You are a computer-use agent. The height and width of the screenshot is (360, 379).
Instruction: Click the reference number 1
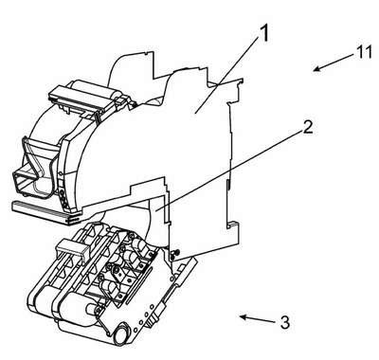(x=263, y=34)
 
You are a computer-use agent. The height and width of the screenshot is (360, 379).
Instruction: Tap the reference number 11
(x=364, y=52)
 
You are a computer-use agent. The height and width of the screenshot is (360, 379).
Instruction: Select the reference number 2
(x=307, y=127)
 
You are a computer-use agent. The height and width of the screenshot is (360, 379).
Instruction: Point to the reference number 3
(x=285, y=323)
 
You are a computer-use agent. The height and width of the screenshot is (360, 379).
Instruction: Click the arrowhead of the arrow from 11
(x=316, y=69)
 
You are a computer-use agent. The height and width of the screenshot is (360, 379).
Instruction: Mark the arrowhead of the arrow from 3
(x=243, y=316)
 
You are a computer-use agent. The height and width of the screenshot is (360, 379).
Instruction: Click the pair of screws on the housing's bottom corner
(x=174, y=255)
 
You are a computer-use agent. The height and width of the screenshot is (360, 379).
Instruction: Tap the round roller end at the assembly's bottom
(x=121, y=335)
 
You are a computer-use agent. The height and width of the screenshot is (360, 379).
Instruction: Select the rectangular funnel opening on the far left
(x=29, y=182)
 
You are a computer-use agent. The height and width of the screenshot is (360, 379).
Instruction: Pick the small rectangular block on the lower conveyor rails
(x=72, y=248)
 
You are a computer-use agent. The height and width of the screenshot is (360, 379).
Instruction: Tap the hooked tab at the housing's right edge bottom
(x=233, y=225)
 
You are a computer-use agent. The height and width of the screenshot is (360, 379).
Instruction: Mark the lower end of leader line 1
(x=195, y=113)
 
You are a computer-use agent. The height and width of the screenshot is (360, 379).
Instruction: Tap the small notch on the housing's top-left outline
(x=146, y=53)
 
